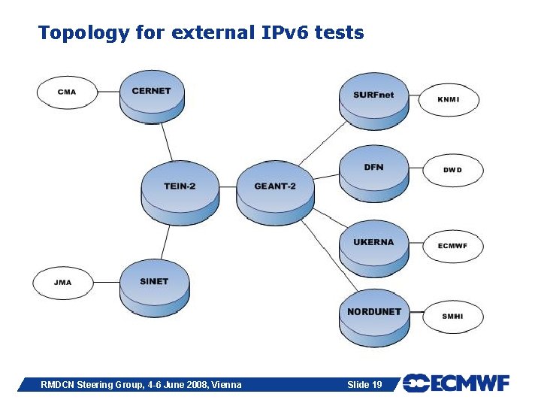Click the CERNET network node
pyautogui.click(x=152, y=95)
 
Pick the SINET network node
pyautogui.click(x=154, y=286)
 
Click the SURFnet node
pyautogui.click(x=373, y=99)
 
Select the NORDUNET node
pyautogui.click(x=373, y=315)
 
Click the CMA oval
pyautogui.click(x=67, y=92)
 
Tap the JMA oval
pyautogui.click(x=63, y=283)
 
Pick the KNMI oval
pyautogui.click(x=449, y=99)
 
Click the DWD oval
pyautogui.click(x=452, y=170)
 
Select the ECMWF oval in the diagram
pyautogui.click(x=452, y=246)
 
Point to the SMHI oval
pyautogui.click(x=453, y=317)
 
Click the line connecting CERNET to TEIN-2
pyautogui.click(x=167, y=142)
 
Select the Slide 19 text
pyautogui.click(x=364, y=385)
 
